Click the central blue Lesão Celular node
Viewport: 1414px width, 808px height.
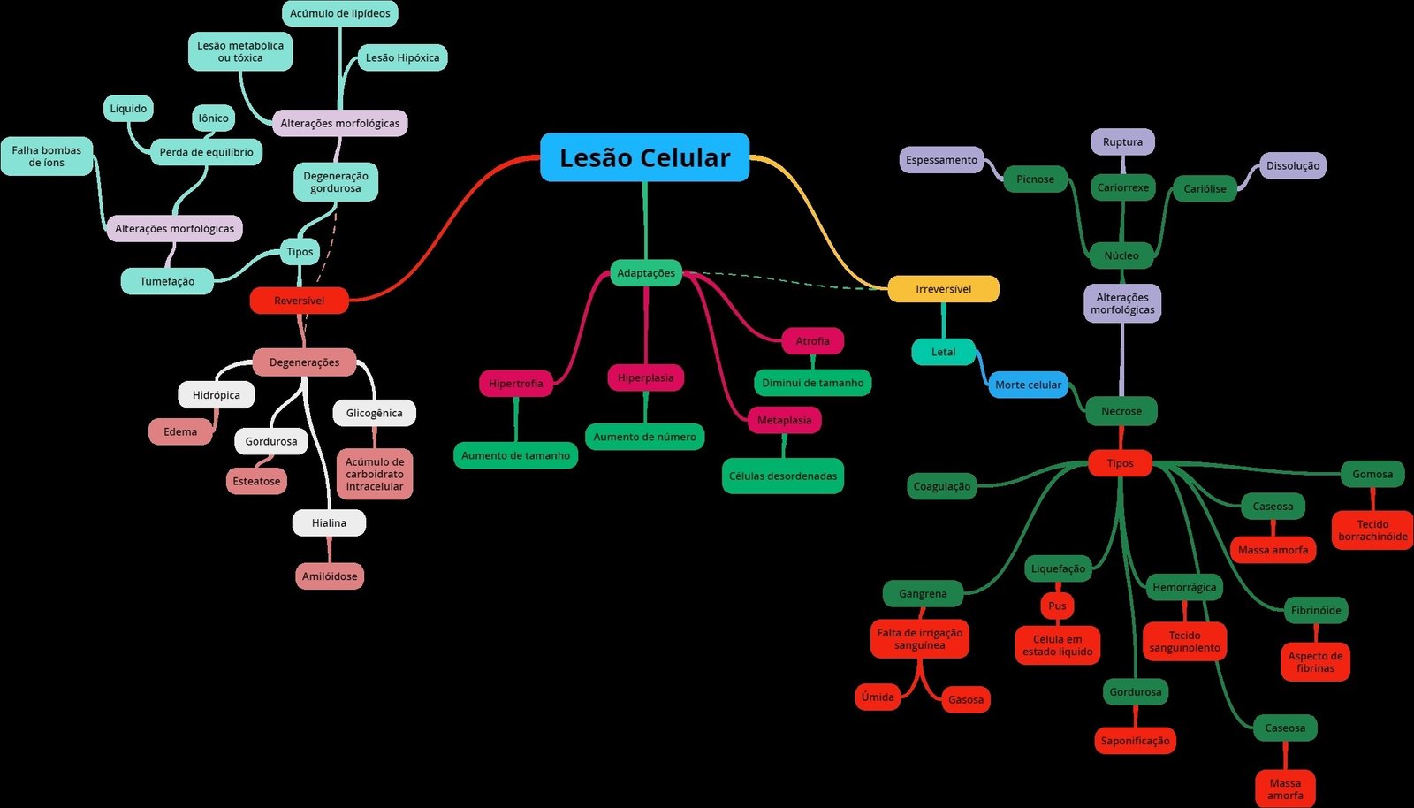644,157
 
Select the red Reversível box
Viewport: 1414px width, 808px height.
299,301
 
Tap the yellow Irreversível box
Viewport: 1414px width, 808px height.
943,289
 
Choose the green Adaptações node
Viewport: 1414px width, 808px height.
645,273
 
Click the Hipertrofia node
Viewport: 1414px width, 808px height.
515,384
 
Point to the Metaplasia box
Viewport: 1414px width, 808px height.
784,420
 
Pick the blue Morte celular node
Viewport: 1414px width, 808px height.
1028,385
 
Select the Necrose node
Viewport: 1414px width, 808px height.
1121,411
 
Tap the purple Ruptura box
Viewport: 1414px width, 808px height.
1122,142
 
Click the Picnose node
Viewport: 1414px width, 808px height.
1035,179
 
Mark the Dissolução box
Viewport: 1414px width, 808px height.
1292,166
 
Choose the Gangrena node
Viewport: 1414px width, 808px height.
923,594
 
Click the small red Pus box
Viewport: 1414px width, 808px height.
1057,606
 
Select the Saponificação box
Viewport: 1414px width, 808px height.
1135,741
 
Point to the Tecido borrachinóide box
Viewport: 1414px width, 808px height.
1372,530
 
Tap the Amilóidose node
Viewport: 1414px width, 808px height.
330,576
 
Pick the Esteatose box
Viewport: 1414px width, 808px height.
256,482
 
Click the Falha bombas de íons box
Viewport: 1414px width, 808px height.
46,156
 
